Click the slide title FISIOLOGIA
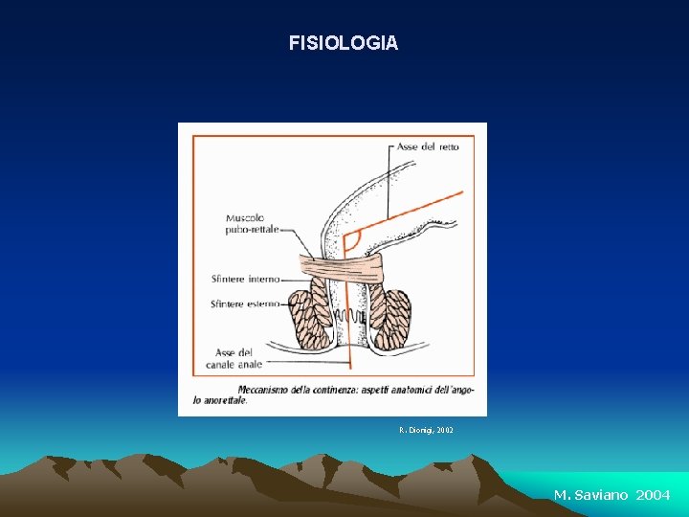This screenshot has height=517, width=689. coord(344,43)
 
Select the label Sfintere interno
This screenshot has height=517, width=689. coord(245,280)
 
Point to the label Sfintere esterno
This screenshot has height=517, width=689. coord(245,303)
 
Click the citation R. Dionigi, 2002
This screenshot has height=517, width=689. coord(426,431)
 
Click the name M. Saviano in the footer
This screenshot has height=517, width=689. coord(591,495)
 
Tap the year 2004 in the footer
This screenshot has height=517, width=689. coord(653,495)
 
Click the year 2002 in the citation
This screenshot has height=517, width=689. coord(444,431)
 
